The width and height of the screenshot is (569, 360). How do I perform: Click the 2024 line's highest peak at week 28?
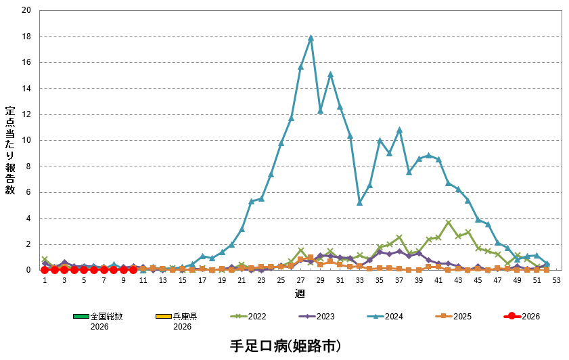click(x=311, y=38)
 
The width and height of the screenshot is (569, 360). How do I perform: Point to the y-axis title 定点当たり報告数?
click(x=10, y=150)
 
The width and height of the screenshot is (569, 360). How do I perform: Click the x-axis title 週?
click(x=300, y=293)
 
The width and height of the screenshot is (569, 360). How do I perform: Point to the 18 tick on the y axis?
click(x=26, y=37)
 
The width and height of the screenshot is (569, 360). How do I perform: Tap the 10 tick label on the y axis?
click(x=26, y=141)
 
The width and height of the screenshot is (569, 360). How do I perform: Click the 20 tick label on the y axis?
click(x=26, y=11)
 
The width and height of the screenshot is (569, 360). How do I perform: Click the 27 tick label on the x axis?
click(x=300, y=280)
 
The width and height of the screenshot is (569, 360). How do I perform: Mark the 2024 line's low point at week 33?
click(x=360, y=202)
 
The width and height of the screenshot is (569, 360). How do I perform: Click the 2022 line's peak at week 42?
click(x=449, y=222)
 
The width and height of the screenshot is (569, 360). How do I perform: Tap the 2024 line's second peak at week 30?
click(x=330, y=74)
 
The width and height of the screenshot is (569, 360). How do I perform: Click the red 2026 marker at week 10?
click(x=133, y=269)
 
